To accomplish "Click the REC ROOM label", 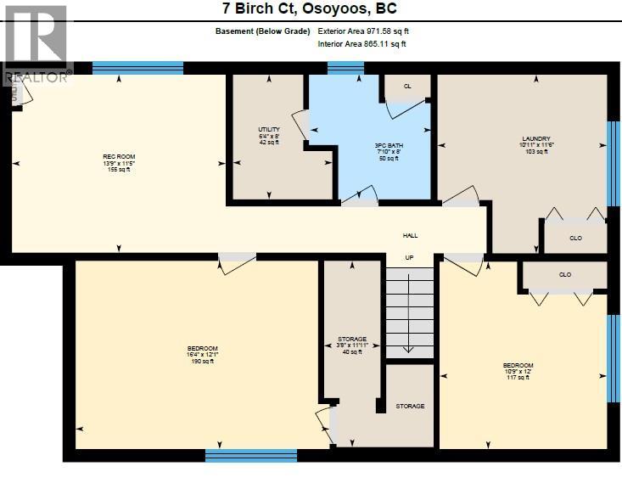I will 119,162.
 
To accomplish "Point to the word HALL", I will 410,236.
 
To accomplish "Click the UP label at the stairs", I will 410,258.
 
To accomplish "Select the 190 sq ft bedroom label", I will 203,355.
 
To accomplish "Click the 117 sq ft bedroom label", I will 518,371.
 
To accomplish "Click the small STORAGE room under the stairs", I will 410,406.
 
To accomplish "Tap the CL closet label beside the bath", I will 407,87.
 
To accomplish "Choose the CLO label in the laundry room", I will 575,239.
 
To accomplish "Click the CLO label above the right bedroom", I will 565,275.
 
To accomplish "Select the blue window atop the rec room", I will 137,68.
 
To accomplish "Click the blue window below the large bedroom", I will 250,456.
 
